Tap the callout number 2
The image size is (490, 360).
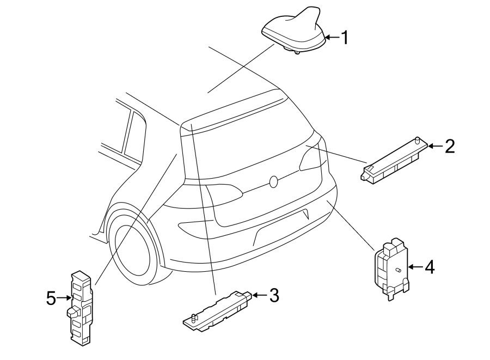point(449,146)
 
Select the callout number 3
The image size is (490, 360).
point(274,296)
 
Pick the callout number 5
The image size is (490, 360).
point(51,298)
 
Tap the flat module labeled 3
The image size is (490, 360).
point(218,312)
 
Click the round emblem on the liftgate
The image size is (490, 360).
point(274,181)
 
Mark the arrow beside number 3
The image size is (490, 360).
point(259,296)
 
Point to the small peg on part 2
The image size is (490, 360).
point(418,140)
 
